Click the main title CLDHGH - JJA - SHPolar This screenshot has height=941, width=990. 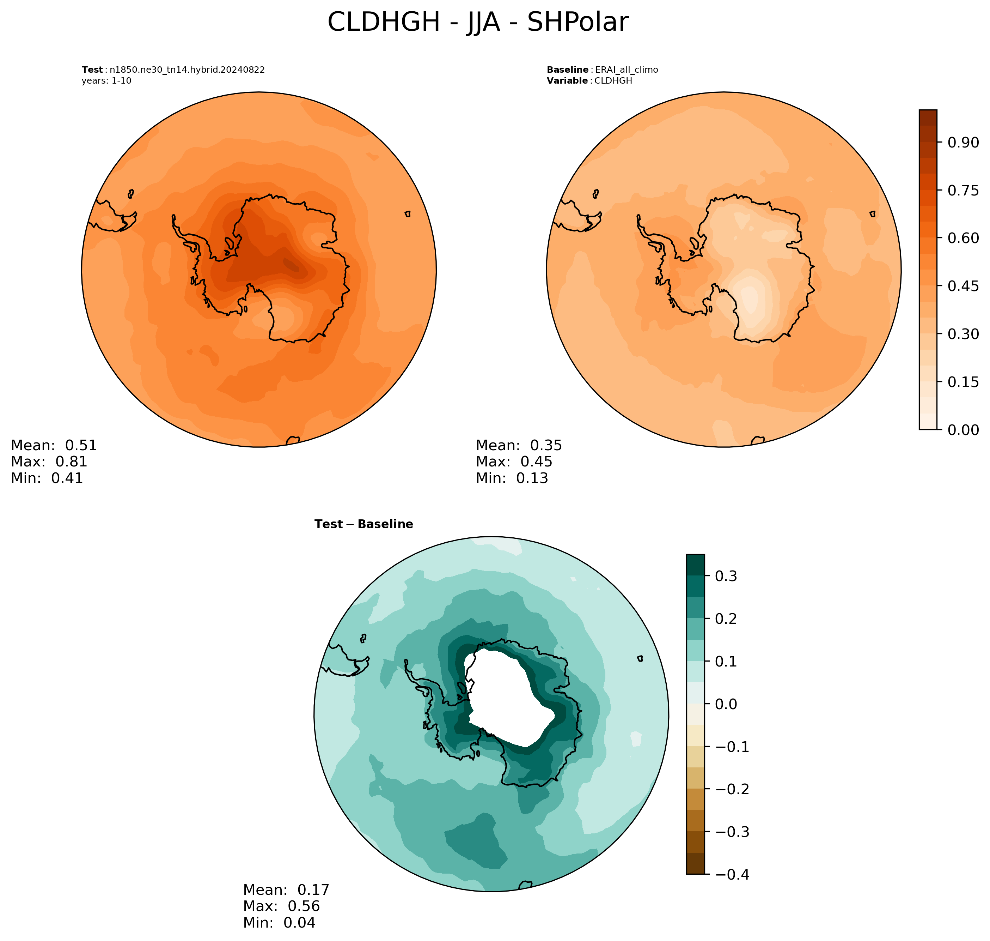(478, 23)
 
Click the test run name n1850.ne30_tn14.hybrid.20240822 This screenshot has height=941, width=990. (187, 70)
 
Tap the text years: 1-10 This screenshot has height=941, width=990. (106, 81)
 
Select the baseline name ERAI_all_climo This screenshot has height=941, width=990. (626, 70)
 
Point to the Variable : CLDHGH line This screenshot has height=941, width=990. (589, 81)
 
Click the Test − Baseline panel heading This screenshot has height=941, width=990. (363, 524)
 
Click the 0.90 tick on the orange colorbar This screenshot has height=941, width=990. (963, 143)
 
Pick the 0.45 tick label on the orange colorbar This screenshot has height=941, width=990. (963, 286)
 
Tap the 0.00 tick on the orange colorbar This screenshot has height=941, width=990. (963, 430)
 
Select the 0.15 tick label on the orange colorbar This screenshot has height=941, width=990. (963, 382)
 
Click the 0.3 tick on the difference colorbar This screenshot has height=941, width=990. (726, 576)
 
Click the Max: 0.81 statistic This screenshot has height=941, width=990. (49, 462)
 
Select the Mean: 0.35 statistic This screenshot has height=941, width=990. (519, 445)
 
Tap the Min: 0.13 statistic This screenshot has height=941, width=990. (512, 478)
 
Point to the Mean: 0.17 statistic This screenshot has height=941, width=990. (286, 890)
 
